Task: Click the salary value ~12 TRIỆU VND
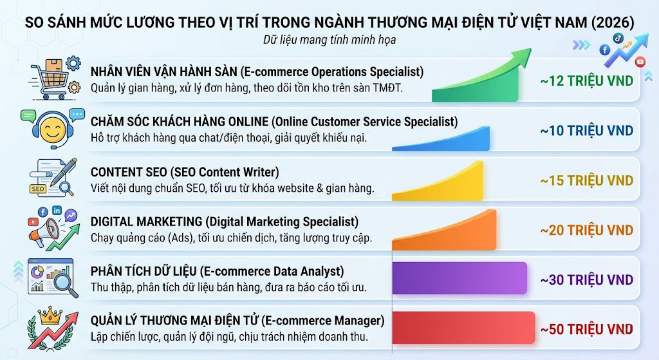coord(586,81)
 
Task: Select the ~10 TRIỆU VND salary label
coord(586,131)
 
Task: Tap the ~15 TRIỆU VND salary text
coord(586,180)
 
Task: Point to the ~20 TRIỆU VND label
coord(586,230)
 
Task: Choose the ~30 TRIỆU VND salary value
coord(586,279)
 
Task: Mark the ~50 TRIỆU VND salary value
coord(586,329)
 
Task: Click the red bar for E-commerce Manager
coord(463,327)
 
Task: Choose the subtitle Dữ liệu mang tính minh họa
coord(329,40)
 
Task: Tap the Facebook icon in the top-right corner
coord(604,50)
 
